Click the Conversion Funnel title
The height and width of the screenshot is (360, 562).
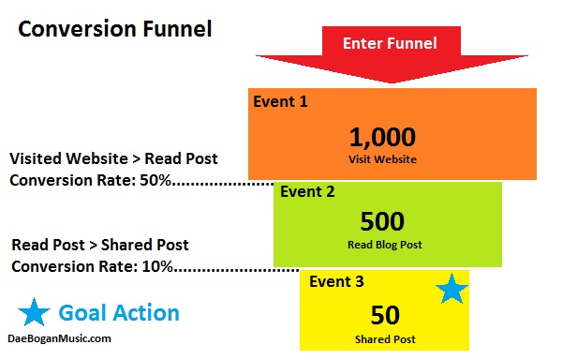click(x=115, y=29)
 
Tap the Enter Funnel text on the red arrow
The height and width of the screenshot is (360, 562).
click(x=389, y=43)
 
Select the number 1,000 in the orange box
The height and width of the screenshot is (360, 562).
click(x=382, y=137)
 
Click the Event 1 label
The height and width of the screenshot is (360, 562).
click(x=281, y=99)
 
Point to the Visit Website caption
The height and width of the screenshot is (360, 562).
click(x=382, y=159)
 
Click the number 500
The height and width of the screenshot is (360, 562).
click(x=382, y=221)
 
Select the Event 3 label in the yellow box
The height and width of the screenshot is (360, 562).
click(x=333, y=280)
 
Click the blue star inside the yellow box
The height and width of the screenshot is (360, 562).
click(x=452, y=290)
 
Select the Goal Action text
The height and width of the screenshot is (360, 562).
click(x=119, y=313)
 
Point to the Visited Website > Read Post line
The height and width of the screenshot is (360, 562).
click(x=113, y=158)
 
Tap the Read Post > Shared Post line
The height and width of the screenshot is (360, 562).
click(x=100, y=245)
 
